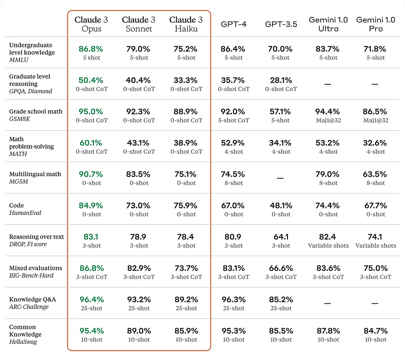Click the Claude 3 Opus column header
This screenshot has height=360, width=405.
(91, 24)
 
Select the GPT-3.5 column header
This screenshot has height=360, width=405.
(281, 24)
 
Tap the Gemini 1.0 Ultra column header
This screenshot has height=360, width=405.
(328, 24)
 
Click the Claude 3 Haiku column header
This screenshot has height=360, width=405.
(186, 24)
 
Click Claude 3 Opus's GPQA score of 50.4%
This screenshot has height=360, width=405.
(91, 80)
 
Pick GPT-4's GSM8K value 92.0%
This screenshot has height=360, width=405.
(233, 112)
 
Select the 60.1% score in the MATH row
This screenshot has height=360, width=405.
(91, 143)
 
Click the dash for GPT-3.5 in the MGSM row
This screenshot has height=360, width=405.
(280, 178)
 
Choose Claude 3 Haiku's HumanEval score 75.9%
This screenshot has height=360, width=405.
(186, 206)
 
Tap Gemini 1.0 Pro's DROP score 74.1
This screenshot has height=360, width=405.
(375, 237)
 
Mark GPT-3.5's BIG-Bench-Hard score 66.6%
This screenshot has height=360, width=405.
(281, 268)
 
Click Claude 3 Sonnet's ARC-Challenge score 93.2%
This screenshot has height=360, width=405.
(139, 300)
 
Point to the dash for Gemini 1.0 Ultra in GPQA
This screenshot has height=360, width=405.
(328, 84)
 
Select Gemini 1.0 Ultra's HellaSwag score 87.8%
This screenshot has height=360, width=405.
(328, 331)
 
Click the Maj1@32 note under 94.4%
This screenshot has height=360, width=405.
(328, 120)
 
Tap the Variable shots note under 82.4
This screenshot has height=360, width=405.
(328, 246)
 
